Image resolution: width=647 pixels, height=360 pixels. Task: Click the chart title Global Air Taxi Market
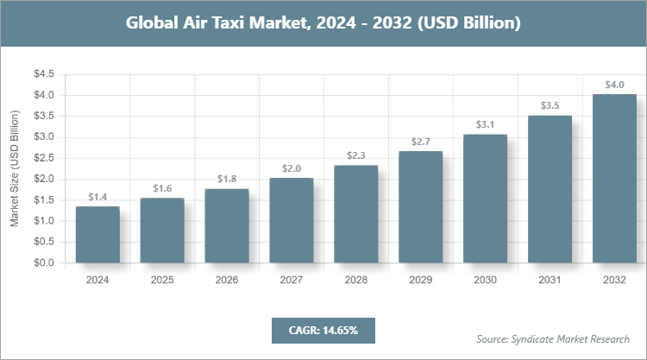click(x=323, y=22)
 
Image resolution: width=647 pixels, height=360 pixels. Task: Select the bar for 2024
click(x=97, y=235)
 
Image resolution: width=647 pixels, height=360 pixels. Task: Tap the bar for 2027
click(x=292, y=220)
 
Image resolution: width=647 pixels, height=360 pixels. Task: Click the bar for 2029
click(x=421, y=207)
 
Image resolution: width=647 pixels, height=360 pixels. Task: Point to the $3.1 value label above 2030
click(x=486, y=125)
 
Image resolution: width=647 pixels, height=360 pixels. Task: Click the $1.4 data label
click(x=97, y=198)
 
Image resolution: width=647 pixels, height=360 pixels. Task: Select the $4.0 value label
click(x=614, y=85)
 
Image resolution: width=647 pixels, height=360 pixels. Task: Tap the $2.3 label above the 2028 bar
click(x=356, y=156)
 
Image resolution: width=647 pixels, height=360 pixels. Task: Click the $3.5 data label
click(x=550, y=105)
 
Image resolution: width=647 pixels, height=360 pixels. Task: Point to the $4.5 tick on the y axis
click(x=44, y=74)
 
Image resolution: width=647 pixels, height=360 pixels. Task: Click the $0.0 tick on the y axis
click(x=44, y=262)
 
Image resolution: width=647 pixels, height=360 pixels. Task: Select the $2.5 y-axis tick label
click(x=44, y=158)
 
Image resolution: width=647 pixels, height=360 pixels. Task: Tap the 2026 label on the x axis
click(x=227, y=280)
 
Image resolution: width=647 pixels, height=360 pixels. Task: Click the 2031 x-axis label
click(x=550, y=280)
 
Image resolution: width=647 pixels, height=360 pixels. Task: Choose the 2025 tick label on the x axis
click(x=162, y=280)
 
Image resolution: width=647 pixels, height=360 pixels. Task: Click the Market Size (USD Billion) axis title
click(x=15, y=168)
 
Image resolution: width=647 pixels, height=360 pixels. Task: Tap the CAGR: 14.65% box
click(x=323, y=330)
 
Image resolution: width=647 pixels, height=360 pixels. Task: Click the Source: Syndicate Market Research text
click(x=553, y=338)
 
